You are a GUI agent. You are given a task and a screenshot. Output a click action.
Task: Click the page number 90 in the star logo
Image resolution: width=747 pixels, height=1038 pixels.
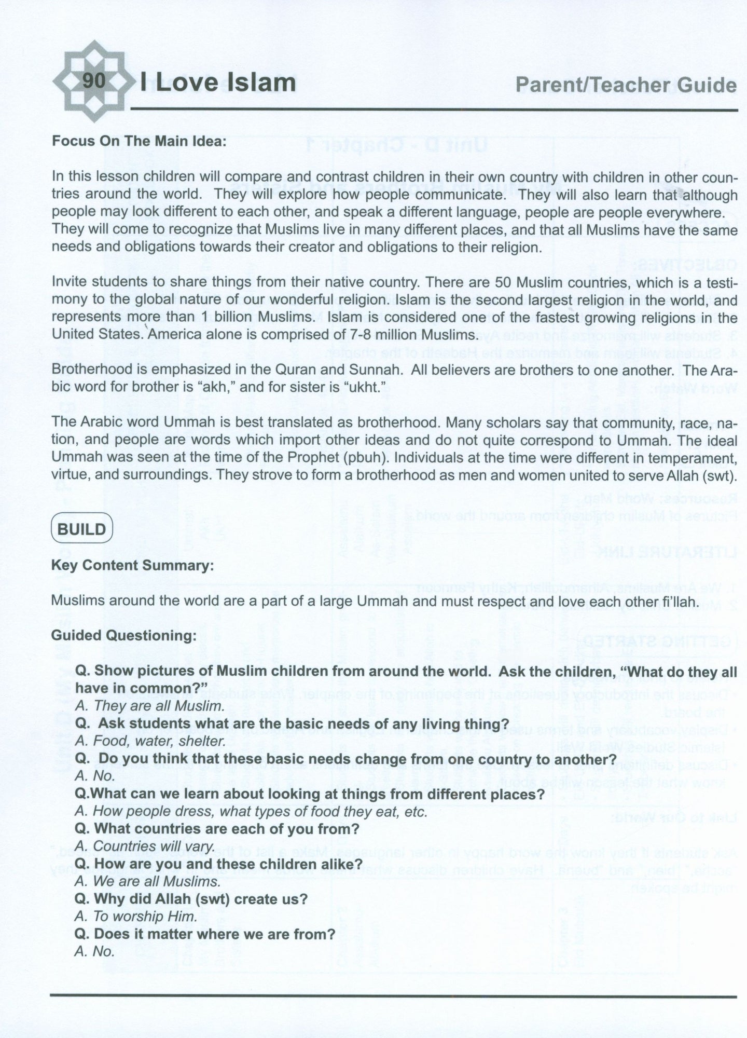pos(93,81)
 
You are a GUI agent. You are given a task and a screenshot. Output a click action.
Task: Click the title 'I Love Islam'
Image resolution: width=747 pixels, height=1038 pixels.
pos(218,83)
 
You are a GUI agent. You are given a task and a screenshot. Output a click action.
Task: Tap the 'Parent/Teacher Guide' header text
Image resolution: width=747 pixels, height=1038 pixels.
pos(626,85)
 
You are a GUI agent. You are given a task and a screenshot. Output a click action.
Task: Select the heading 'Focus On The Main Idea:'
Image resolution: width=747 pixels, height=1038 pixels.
pos(139,141)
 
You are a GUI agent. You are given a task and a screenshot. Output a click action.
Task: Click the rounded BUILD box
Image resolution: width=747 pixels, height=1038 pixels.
pos(81,529)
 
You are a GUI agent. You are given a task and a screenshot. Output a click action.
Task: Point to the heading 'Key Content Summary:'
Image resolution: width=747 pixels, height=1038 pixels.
pos(132,565)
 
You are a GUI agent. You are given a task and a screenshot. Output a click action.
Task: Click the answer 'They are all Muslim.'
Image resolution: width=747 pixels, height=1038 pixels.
pos(150,706)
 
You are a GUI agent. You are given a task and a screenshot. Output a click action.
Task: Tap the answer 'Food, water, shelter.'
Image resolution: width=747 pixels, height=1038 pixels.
pos(150,741)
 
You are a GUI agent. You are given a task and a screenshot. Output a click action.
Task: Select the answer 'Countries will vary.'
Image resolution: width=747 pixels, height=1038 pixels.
pos(145,846)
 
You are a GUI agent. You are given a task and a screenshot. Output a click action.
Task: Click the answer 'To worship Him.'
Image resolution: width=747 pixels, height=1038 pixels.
pos(136,917)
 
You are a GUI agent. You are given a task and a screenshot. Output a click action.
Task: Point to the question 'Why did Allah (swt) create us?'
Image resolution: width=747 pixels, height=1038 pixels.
pos(191,899)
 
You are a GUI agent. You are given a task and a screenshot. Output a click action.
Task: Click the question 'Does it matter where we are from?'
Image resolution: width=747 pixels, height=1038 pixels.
pos(205,934)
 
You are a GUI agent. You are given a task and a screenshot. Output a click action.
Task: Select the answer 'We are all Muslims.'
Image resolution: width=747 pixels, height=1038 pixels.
pos(148,881)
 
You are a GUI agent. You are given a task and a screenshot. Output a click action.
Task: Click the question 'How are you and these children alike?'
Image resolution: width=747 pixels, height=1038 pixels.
pos(218,864)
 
